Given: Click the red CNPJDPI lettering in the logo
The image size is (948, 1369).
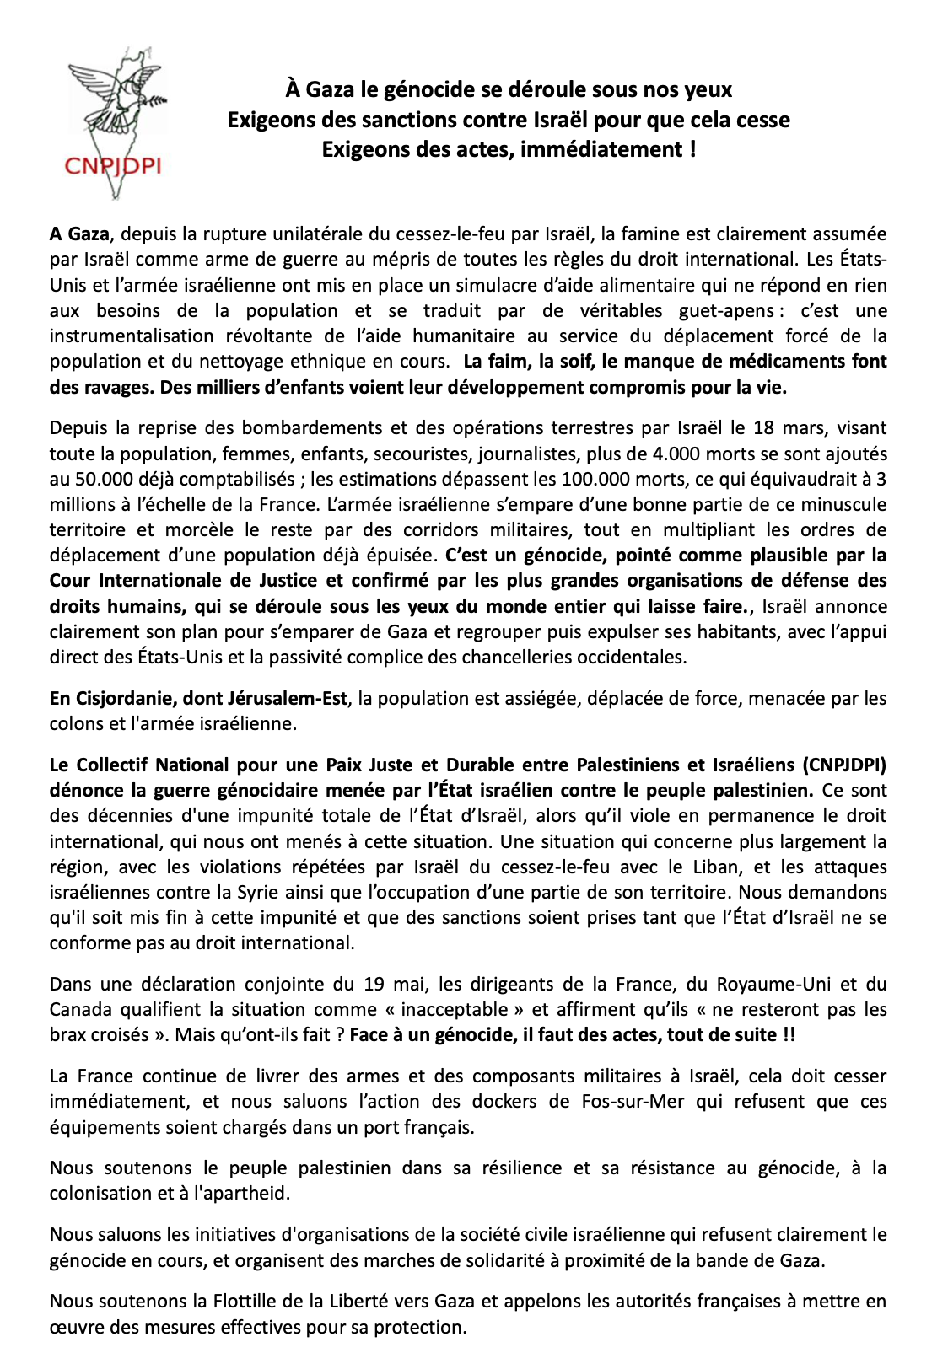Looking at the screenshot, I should [x=112, y=166].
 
